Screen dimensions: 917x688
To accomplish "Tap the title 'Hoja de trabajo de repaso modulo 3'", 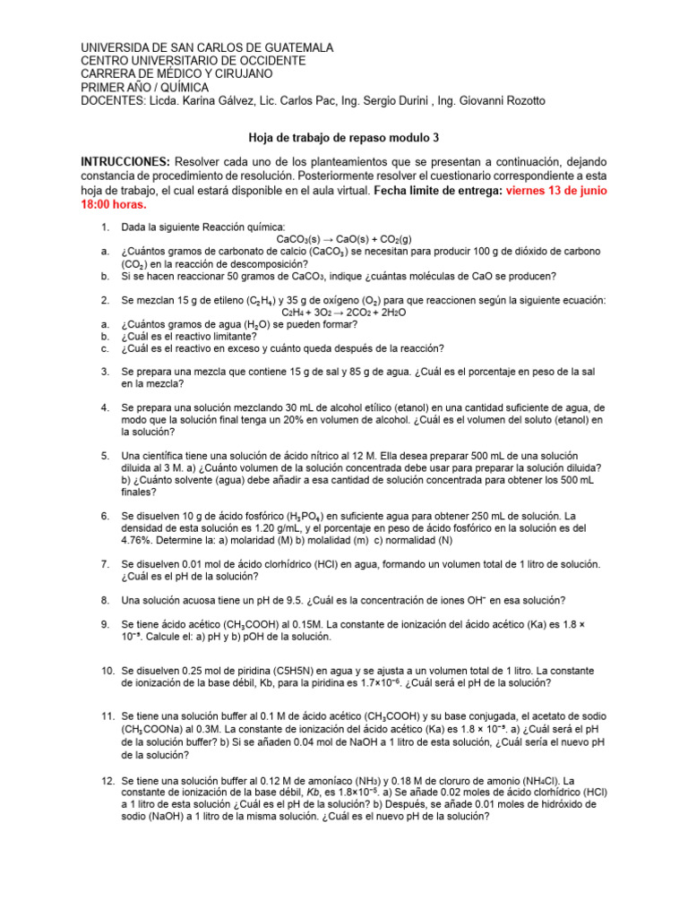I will [344, 139].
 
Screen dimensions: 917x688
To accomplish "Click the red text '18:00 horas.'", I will [114, 204].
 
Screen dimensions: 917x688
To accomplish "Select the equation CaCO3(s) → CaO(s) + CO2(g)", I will [345, 240].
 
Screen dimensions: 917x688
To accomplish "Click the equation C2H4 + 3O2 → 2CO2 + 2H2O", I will [344, 313].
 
